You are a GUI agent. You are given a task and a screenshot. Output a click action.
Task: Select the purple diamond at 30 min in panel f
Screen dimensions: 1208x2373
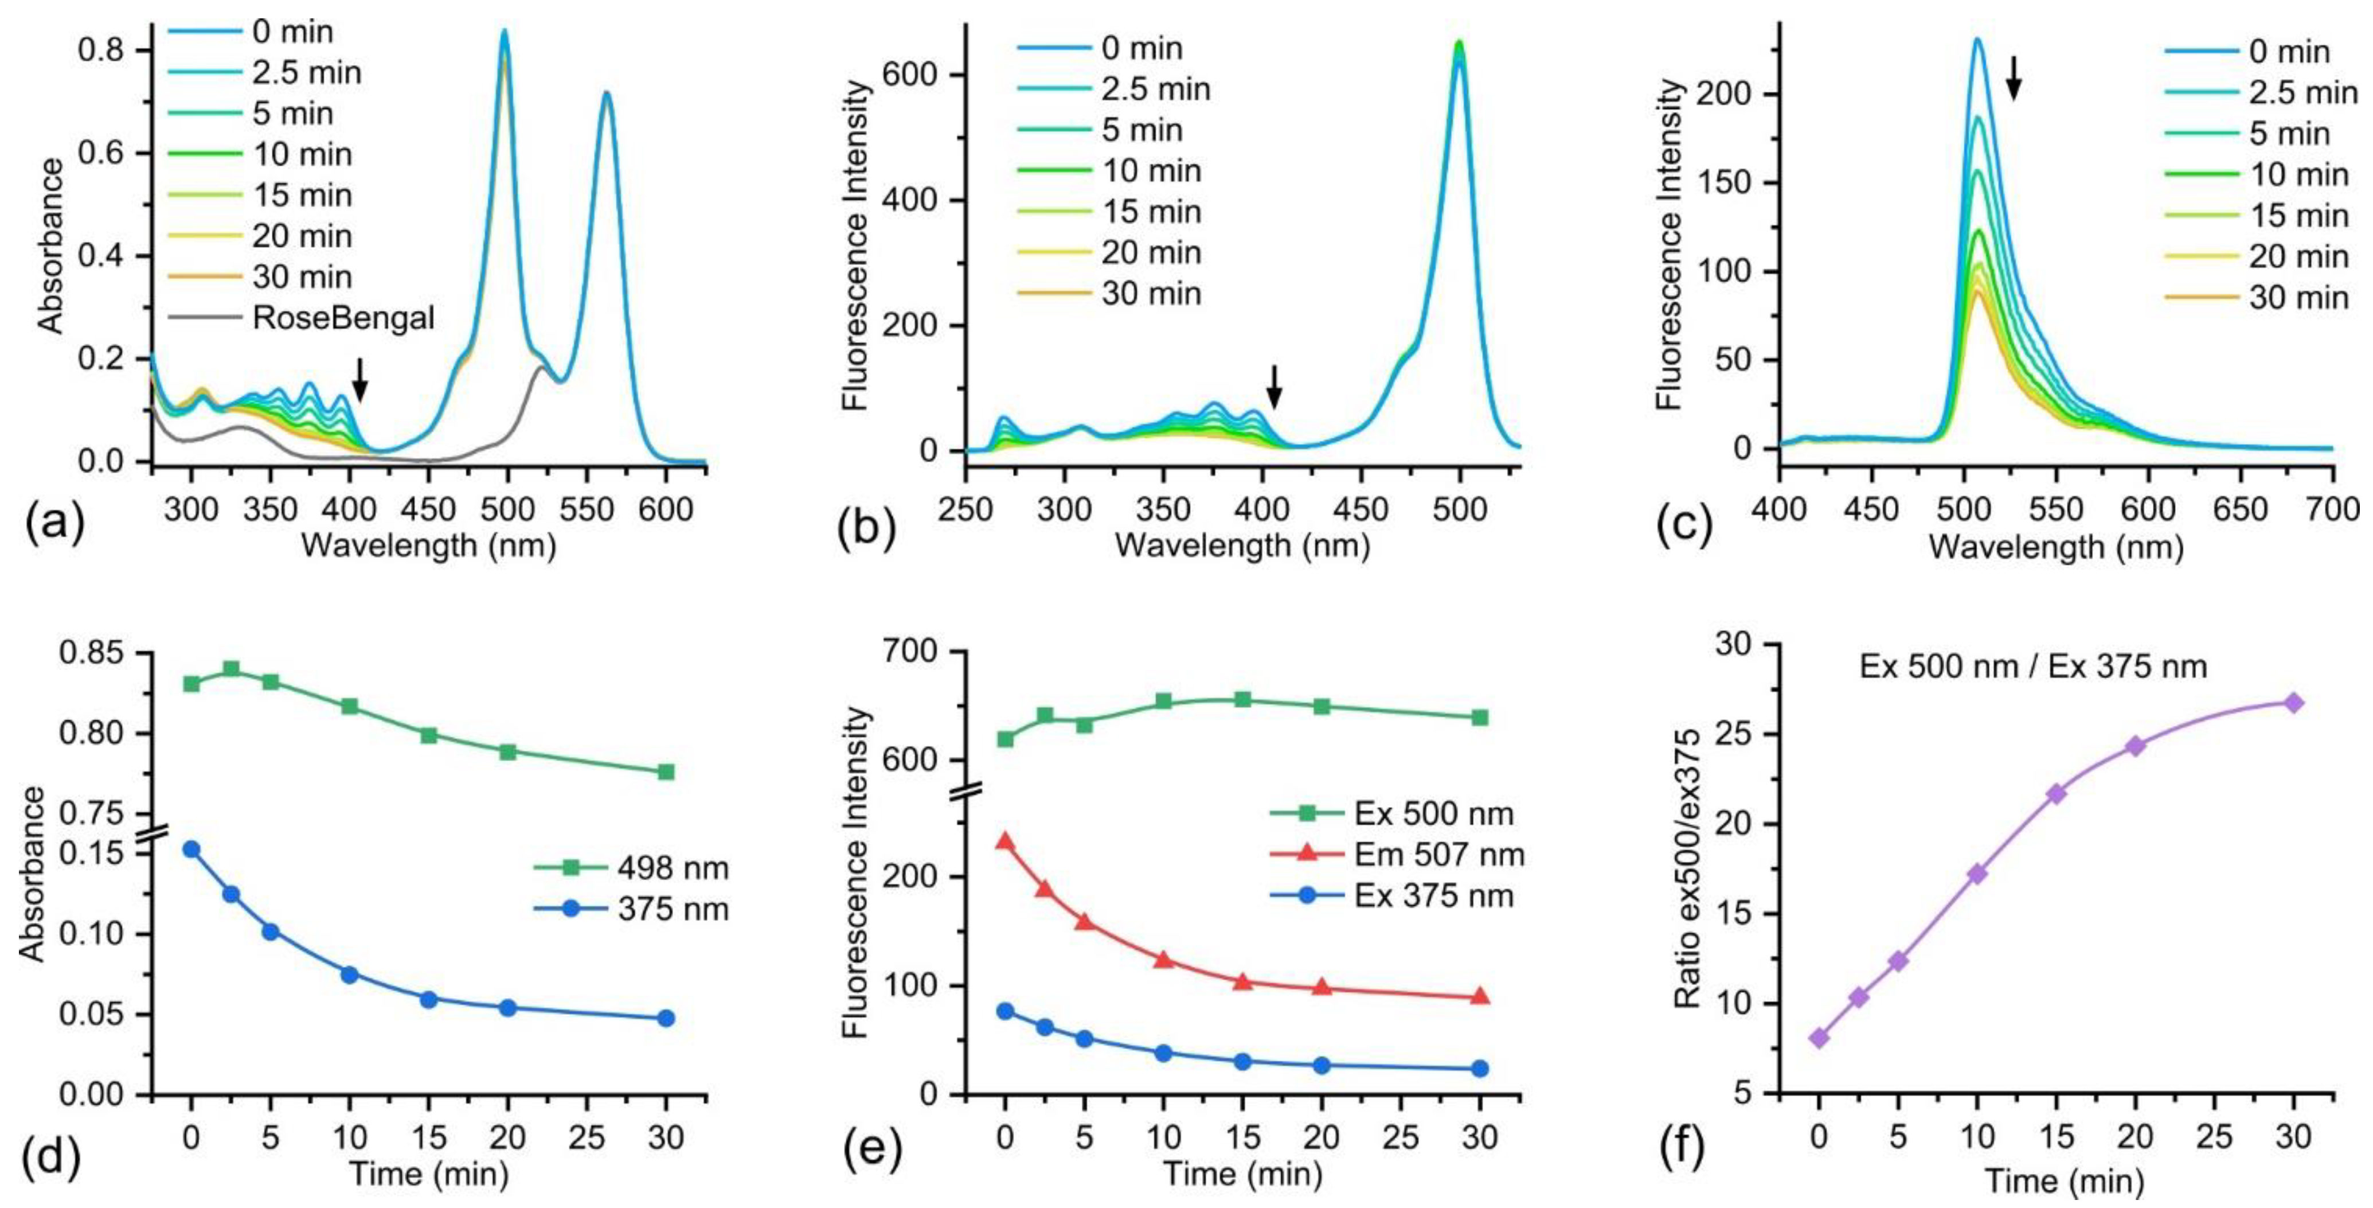tap(2294, 703)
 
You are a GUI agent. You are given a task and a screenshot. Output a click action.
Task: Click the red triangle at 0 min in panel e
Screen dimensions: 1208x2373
tap(1005, 841)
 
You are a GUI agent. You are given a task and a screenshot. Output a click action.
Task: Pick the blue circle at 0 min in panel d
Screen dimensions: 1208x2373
tap(191, 849)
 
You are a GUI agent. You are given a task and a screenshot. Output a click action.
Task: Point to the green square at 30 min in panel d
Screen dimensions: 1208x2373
tap(666, 771)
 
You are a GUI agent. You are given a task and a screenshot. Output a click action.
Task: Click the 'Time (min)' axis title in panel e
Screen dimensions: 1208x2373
tap(1242, 1174)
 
